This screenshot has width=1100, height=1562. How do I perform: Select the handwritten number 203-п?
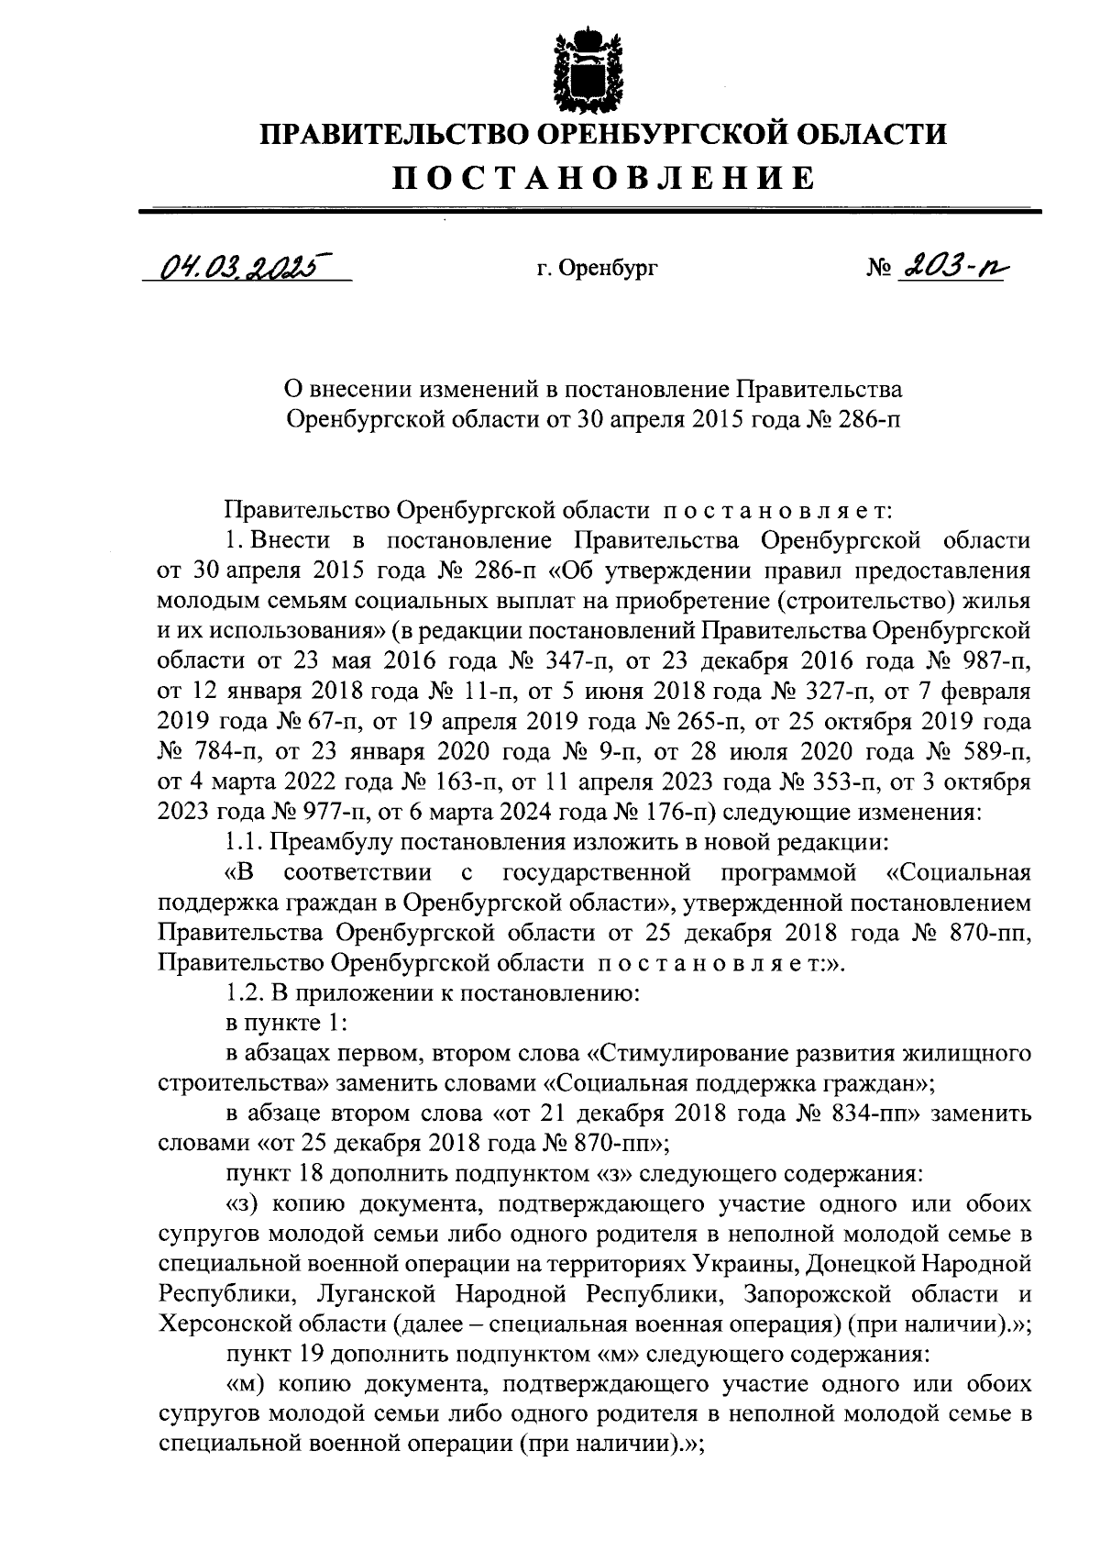click(949, 268)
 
